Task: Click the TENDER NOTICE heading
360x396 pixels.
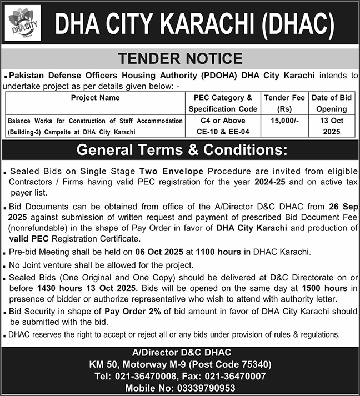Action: [x=180, y=58]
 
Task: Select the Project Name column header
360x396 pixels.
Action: [x=95, y=98]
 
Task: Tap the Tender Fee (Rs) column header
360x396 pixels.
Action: [x=284, y=103]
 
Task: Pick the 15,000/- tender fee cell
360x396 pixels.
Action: [x=284, y=121]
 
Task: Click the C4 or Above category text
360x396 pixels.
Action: [x=223, y=121]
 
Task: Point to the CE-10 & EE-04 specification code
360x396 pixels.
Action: [x=223, y=132]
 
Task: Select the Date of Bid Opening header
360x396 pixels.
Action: [x=332, y=103]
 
